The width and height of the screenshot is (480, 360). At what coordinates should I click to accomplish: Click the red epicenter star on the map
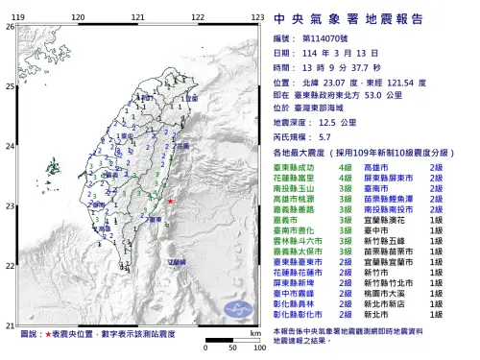click(x=170, y=201)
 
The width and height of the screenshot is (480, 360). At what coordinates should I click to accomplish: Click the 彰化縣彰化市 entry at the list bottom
click(x=300, y=314)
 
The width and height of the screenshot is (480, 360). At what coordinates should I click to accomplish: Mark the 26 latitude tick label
click(x=10, y=27)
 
